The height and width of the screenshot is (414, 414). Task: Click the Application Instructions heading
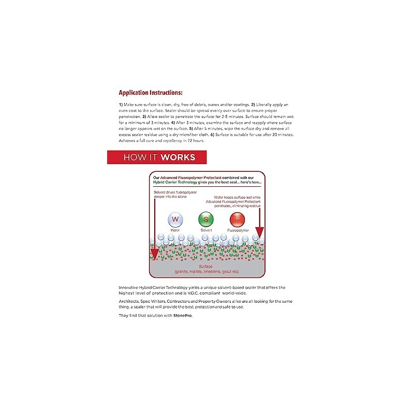tap(150, 93)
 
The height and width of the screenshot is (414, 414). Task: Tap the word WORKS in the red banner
tap(178, 157)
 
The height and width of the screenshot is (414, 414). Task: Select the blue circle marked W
tap(174, 220)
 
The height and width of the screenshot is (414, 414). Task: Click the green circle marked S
tap(206, 220)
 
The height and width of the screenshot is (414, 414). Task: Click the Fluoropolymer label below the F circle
tap(239, 230)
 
